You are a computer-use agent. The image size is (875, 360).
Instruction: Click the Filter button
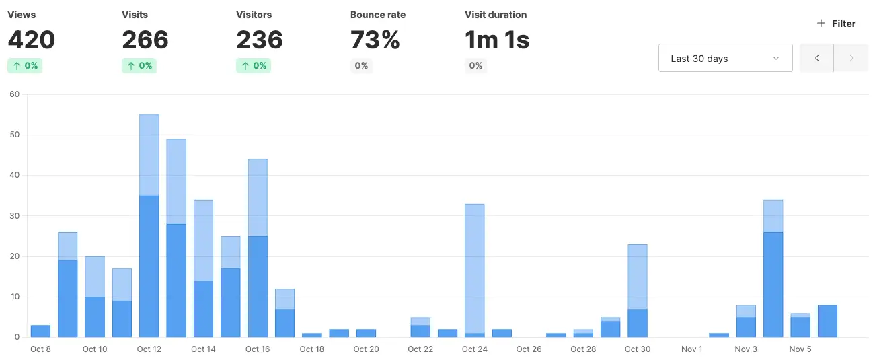[836, 24]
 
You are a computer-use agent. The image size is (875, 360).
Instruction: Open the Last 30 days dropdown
[725, 59]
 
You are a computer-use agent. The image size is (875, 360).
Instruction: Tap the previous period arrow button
[816, 59]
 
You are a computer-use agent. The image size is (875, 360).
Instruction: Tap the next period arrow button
[851, 59]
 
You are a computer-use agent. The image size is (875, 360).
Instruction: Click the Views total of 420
[31, 40]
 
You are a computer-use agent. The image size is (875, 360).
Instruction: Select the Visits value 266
[145, 40]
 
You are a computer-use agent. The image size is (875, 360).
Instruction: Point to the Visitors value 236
[260, 40]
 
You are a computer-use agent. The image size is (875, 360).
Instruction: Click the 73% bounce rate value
[375, 40]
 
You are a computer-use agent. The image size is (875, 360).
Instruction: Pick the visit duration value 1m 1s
[497, 40]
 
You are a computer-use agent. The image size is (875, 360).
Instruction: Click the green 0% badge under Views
[25, 65]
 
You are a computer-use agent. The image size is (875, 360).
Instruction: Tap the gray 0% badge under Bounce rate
[361, 65]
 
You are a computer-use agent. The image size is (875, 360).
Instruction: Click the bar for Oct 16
[258, 249]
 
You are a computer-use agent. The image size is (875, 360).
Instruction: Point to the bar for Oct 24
[475, 269]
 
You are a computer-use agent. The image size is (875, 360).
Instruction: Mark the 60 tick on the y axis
[14, 94]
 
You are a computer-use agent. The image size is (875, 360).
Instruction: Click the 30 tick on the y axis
[14, 216]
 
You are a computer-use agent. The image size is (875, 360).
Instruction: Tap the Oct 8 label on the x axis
[40, 349]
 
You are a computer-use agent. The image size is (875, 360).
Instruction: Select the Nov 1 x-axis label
[691, 349]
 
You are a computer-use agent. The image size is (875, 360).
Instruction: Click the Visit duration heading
[496, 15]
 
